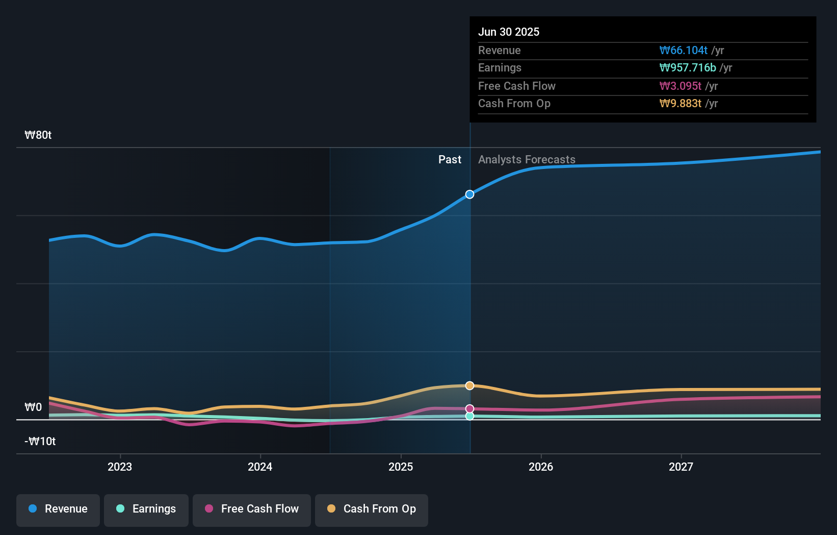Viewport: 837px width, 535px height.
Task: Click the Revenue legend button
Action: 58,509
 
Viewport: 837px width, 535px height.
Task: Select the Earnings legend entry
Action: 146,509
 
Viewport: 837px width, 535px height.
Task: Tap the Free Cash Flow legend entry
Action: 252,509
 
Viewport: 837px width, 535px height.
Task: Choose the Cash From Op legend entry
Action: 372,509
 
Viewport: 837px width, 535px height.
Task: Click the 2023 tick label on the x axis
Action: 120,467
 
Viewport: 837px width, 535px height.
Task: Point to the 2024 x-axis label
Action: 260,467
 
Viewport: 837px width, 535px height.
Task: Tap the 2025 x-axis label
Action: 401,467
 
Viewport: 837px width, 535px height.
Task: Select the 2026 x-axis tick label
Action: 541,467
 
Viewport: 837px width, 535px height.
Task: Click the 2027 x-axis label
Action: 681,467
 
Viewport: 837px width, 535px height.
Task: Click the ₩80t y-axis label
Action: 38,135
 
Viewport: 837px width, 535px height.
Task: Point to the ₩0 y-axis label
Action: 33,407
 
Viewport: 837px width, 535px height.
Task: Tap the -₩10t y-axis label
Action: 40,442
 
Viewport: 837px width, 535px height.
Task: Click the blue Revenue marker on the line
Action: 469,194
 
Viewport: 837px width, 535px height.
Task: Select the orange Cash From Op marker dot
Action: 469,385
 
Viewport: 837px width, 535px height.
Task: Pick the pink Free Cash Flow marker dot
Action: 469,409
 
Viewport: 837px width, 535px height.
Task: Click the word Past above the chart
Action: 450,160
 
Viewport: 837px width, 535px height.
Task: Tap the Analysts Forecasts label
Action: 527,160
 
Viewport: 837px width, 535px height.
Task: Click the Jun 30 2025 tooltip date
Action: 509,32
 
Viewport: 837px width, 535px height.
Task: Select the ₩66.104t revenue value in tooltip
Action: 683,51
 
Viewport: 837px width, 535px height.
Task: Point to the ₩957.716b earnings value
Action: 687,68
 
